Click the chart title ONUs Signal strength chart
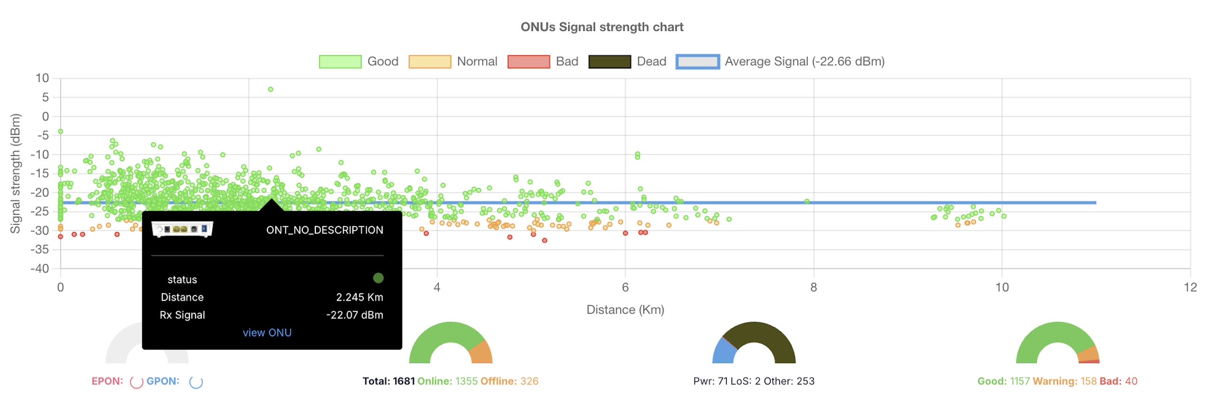(x=601, y=27)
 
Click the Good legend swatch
(x=340, y=61)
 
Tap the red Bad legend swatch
(x=528, y=61)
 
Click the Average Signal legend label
(x=804, y=61)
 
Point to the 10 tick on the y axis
(x=42, y=78)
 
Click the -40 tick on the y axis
(x=40, y=268)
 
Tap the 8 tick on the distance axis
(x=813, y=287)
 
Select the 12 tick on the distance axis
(x=1190, y=287)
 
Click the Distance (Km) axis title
(x=625, y=310)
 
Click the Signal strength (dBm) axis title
(x=15, y=173)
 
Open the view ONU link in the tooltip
(x=267, y=332)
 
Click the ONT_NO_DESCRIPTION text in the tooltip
(x=324, y=230)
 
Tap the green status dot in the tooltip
(x=378, y=278)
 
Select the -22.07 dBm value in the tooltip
(x=354, y=315)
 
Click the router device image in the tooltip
(x=182, y=229)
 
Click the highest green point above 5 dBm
(x=270, y=89)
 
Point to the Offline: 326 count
(x=509, y=381)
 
